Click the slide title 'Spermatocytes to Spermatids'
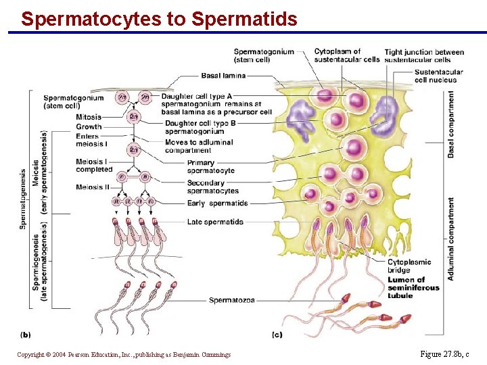pyautogui.click(x=159, y=19)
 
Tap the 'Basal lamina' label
pyautogui.click(x=223, y=76)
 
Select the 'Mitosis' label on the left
pyautogui.click(x=89, y=117)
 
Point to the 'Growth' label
pyautogui.click(x=89, y=126)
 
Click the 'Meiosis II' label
pyautogui.click(x=93, y=187)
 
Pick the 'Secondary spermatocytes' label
pyautogui.click(x=212, y=187)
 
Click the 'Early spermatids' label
pyautogui.click(x=217, y=203)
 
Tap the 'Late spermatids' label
pyautogui.click(x=215, y=222)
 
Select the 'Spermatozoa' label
pyautogui.click(x=232, y=300)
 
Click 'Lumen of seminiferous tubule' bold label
pyautogui.click(x=413, y=287)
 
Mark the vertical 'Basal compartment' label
pyautogui.click(x=451, y=124)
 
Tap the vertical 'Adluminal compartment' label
pyautogui.click(x=451, y=239)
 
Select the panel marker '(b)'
pyautogui.click(x=26, y=334)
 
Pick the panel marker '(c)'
pyautogui.click(x=277, y=334)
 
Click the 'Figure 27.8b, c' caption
pyautogui.click(x=444, y=354)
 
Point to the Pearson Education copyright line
pyautogui.click(x=124, y=354)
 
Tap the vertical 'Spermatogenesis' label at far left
pyautogui.click(x=24, y=199)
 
